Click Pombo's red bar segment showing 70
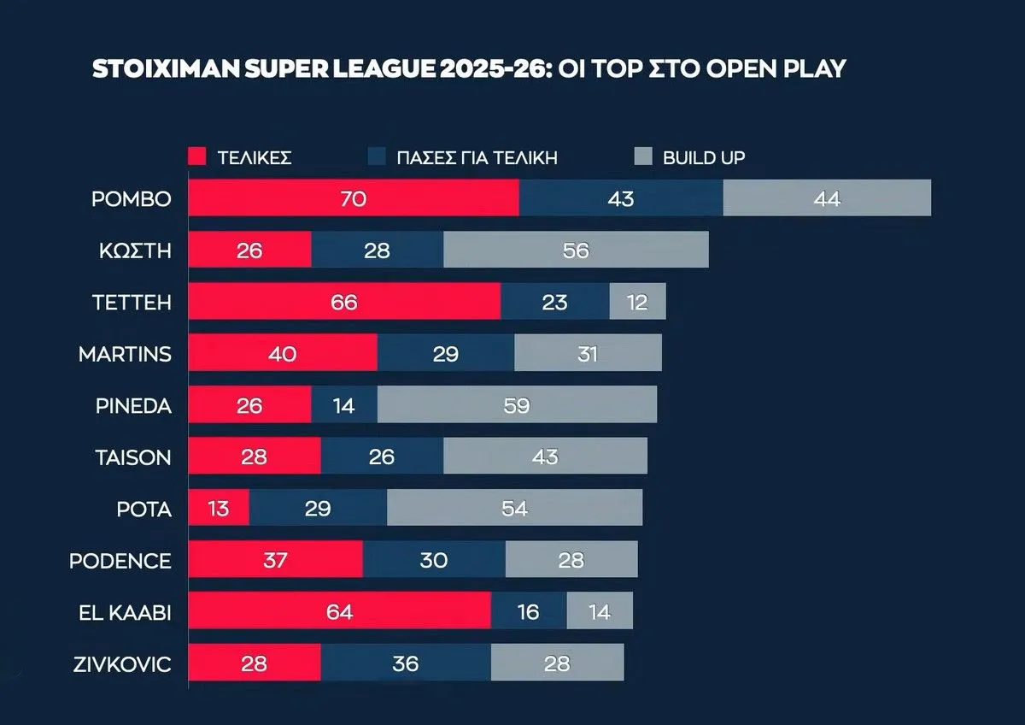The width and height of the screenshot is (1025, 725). (x=353, y=198)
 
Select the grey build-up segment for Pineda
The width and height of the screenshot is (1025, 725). (x=517, y=404)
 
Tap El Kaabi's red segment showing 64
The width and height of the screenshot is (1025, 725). (x=339, y=611)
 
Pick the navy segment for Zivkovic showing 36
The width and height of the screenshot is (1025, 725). (x=406, y=663)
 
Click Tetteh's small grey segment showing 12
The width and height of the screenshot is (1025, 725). (x=637, y=302)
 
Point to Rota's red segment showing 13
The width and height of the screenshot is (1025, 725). (x=219, y=509)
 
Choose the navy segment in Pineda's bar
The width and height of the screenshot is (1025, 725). (x=344, y=404)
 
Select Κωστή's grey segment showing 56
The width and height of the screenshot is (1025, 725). (x=576, y=251)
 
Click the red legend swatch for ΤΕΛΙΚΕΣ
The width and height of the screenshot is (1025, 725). (x=197, y=157)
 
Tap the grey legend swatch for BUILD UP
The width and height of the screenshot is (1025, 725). (x=644, y=157)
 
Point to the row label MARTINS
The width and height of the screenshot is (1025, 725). (x=125, y=353)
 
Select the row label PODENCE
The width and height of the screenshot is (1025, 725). (x=120, y=561)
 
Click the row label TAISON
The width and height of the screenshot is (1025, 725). (x=133, y=457)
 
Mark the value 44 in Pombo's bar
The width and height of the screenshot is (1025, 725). (x=827, y=198)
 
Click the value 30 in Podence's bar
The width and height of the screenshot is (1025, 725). (x=434, y=560)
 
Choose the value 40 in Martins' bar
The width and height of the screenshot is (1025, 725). (x=283, y=353)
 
